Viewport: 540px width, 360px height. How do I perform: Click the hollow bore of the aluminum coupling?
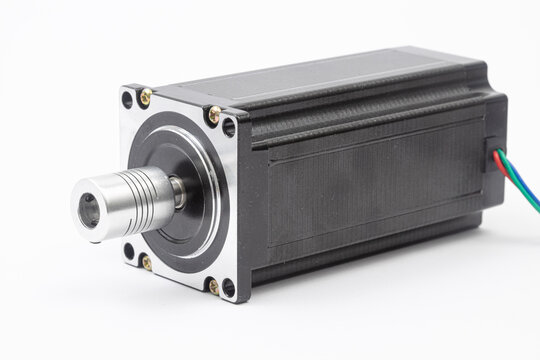89,209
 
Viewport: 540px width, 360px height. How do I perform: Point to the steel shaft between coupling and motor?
177,192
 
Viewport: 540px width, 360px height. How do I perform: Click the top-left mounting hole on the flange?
127,100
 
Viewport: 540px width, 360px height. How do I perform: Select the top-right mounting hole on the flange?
229,127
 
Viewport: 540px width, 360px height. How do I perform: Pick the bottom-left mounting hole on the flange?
128,250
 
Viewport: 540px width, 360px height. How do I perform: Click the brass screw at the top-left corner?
146,96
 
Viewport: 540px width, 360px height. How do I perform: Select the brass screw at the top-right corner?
213,116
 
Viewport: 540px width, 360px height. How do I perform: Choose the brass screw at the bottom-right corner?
213,287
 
